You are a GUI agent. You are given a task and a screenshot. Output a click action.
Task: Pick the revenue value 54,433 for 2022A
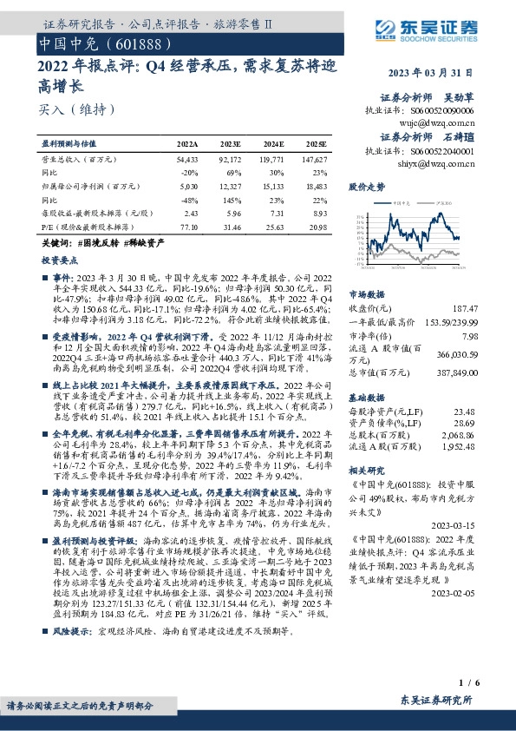[x=187, y=161]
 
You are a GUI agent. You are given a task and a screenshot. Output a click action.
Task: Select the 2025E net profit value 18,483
[x=316, y=186]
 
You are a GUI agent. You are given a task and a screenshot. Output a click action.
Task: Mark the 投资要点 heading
[x=57, y=260]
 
